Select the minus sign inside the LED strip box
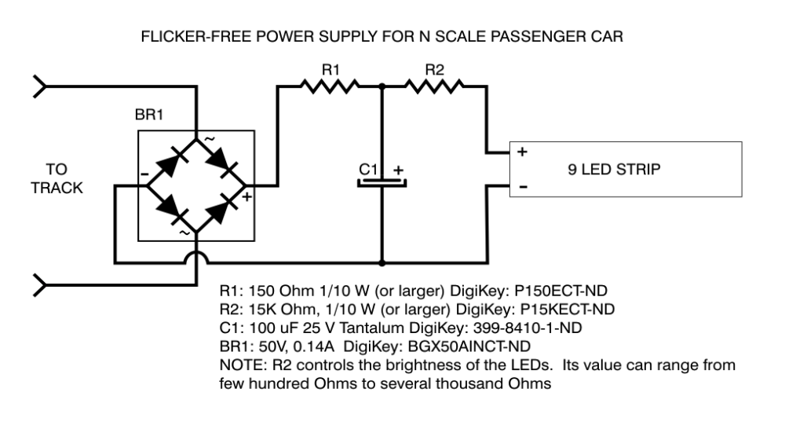[523, 186]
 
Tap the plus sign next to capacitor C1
[398, 169]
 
